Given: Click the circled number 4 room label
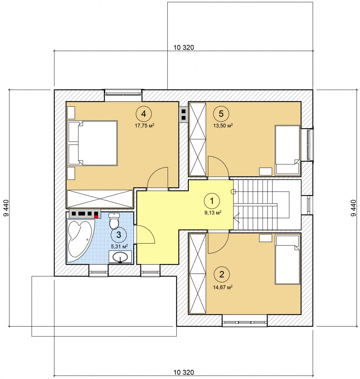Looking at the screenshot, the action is click(144, 114).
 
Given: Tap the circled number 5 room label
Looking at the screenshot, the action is click(221, 114).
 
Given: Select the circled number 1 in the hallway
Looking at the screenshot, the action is click(212, 201).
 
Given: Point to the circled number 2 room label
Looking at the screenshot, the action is click(221, 274).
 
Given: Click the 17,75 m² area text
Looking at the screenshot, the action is click(144, 125).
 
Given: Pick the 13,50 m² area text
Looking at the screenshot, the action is click(223, 125).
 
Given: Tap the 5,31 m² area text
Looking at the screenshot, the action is click(119, 247).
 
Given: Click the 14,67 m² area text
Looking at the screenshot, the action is click(223, 287).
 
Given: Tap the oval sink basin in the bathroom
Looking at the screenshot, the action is click(120, 257).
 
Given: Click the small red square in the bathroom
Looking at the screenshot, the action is click(96, 217).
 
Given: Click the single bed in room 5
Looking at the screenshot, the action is click(288, 150).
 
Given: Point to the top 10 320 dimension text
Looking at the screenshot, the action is click(184, 48).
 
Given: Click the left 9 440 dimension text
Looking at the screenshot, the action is click(6, 208).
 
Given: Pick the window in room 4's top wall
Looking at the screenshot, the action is click(123, 93).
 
